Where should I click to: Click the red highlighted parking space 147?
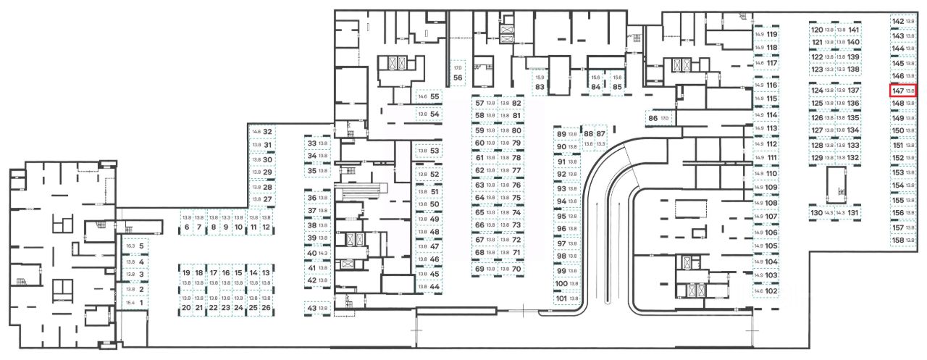click(x=904, y=91)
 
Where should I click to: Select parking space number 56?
click(x=458, y=78)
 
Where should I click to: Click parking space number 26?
click(x=266, y=308)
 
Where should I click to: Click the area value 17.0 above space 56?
click(x=458, y=67)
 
